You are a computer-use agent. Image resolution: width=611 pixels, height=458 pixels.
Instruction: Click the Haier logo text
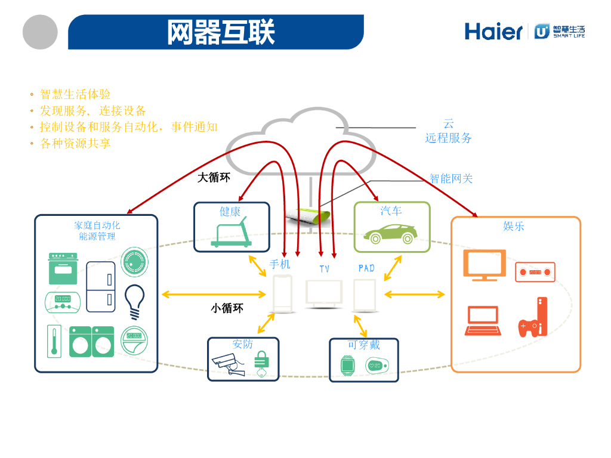493,31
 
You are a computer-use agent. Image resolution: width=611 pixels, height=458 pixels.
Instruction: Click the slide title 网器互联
221,32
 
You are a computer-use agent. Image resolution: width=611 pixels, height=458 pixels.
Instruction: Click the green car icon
391,233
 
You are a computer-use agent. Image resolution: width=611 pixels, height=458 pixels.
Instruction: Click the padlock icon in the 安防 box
260,363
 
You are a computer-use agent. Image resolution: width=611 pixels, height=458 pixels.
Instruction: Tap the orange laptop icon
482,321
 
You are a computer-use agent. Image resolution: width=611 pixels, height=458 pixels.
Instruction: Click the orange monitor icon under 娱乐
484,265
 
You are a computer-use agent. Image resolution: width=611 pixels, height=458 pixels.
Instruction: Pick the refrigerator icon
101,287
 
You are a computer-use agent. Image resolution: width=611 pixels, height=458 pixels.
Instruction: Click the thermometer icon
54,341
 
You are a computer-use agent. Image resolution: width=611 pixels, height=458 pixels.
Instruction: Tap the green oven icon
63,268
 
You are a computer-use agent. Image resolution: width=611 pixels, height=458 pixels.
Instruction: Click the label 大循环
214,178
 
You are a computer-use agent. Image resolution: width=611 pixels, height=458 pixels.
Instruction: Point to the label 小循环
227,308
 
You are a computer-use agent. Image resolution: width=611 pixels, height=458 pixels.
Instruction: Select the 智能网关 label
451,178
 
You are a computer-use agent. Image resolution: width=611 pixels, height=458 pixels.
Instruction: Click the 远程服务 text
448,138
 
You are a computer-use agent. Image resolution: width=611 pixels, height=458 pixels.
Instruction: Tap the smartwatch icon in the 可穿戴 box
347,364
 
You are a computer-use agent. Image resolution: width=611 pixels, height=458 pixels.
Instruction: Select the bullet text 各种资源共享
75,144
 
